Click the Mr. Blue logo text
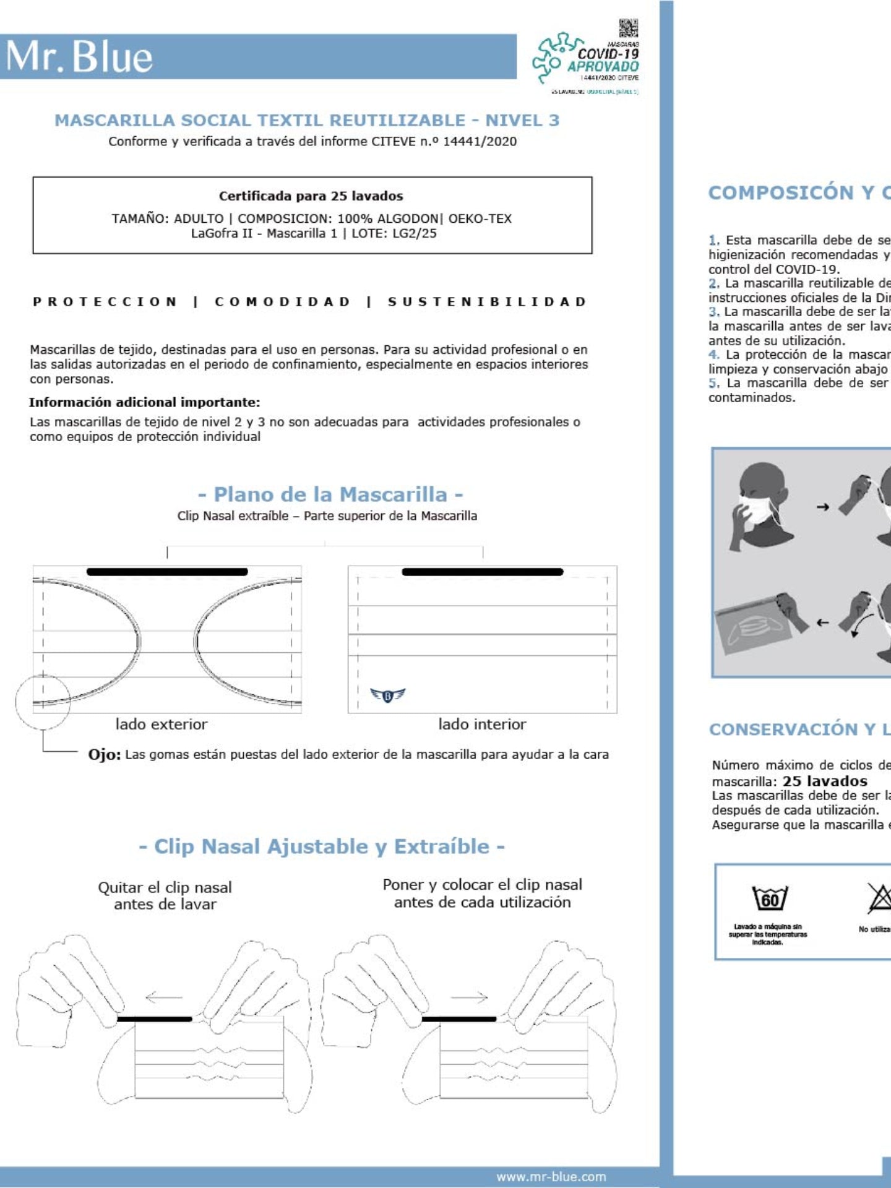[x=79, y=57]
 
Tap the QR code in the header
[x=628, y=28]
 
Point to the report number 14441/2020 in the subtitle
[x=480, y=141]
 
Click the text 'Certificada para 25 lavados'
[x=311, y=196]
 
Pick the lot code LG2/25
[x=415, y=233]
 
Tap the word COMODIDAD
[x=283, y=302]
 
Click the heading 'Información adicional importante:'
[x=144, y=402]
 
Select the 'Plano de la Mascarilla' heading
[x=330, y=494]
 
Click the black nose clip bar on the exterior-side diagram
[x=167, y=572]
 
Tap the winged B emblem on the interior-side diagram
[x=388, y=695]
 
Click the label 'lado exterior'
[x=161, y=724]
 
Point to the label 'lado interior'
[x=482, y=724]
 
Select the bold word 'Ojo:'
[x=104, y=755]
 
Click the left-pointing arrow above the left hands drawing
[x=163, y=997]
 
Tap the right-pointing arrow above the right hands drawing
[x=470, y=997]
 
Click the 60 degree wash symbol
[x=769, y=898]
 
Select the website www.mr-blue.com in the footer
[x=551, y=1176]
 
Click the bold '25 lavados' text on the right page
[x=825, y=781]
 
